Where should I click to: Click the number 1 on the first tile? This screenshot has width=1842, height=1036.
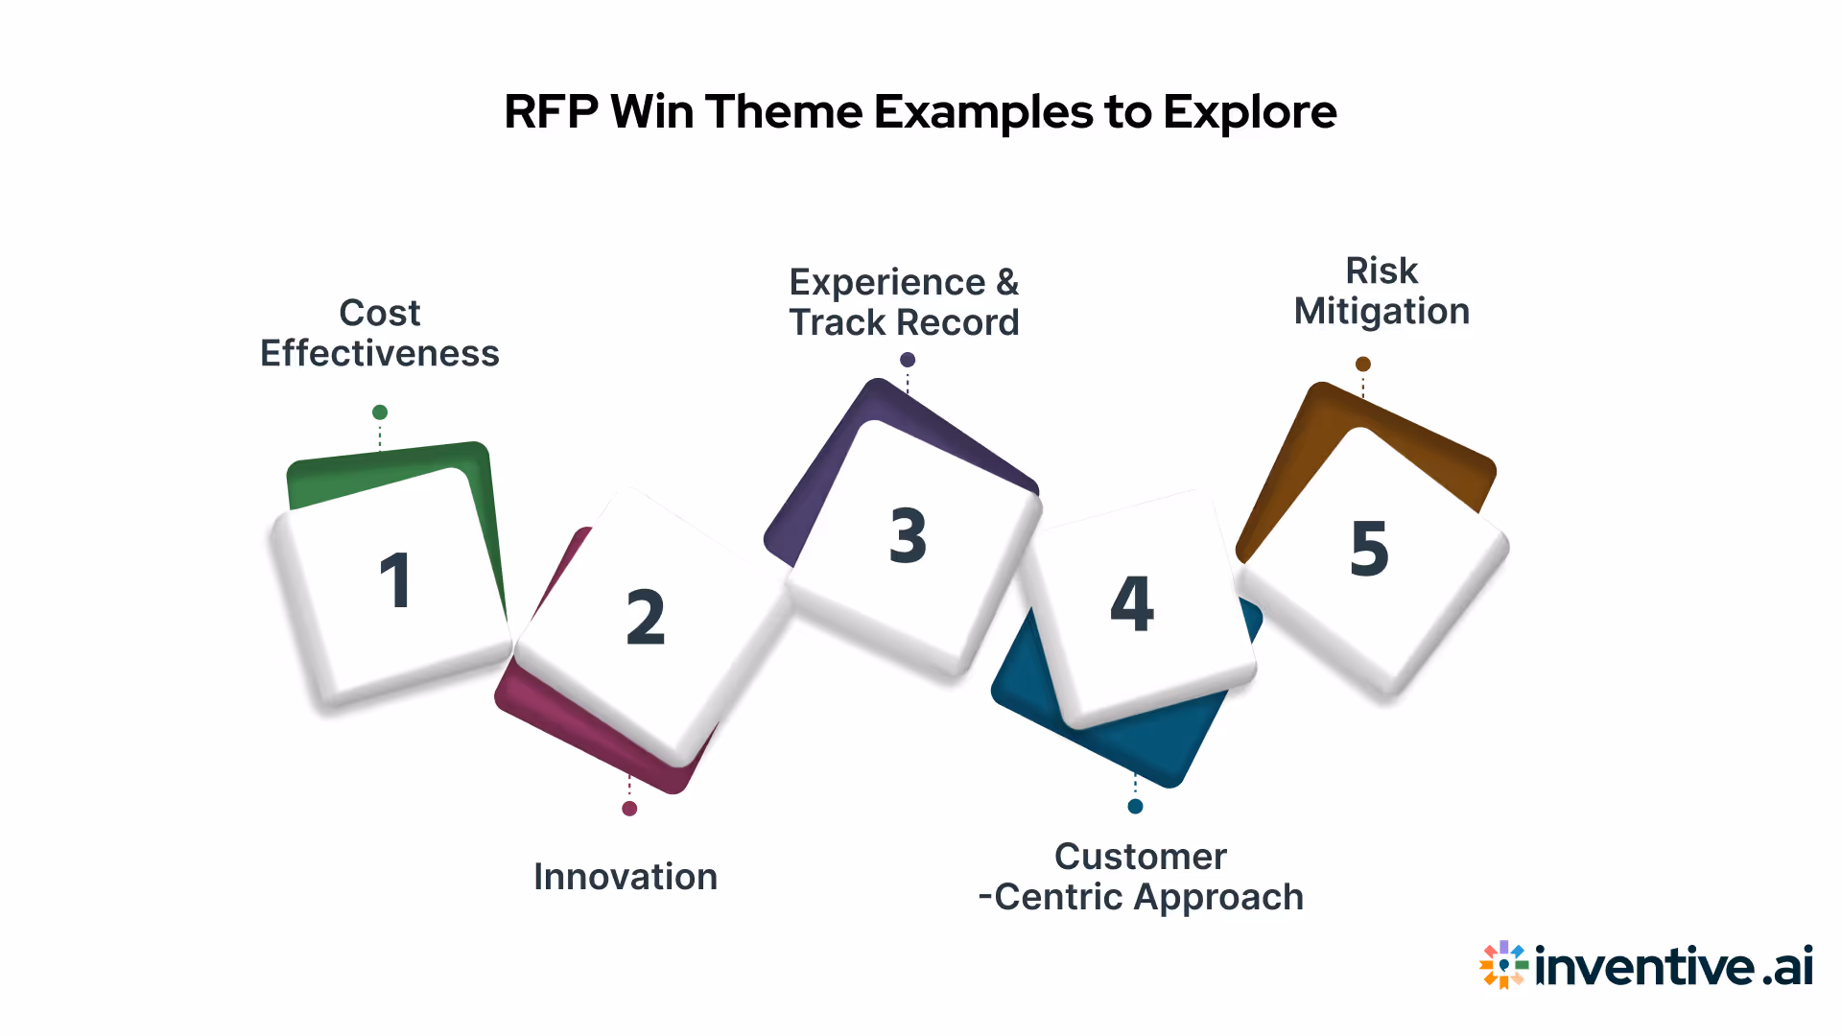[395, 580]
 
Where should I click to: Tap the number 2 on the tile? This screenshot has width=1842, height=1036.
[646, 617]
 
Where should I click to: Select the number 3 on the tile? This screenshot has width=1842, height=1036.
[908, 535]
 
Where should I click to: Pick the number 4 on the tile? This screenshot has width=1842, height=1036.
[1132, 604]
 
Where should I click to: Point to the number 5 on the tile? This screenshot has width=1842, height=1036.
[1369, 549]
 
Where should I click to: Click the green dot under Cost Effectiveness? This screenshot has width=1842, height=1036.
[380, 412]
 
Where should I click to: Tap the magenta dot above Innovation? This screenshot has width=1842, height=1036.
[629, 809]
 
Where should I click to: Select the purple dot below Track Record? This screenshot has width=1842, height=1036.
[908, 360]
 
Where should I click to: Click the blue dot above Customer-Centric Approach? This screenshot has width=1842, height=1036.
[1135, 807]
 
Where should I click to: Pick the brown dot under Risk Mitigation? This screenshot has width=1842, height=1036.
[1363, 365]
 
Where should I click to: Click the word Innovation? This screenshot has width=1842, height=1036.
[626, 877]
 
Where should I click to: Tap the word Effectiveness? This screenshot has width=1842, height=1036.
[380, 354]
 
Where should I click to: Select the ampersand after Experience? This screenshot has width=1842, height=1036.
[1007, 283]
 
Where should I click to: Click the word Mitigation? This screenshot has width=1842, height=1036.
[1381, 312]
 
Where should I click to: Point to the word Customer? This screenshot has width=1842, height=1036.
[1141, 857]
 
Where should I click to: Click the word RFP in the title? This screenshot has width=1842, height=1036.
[551, 112]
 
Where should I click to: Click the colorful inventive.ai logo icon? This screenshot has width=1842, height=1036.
[1503, 964]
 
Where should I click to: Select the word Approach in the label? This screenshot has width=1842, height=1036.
[1218, 898]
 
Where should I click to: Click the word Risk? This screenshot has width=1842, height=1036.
[1381, 271]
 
